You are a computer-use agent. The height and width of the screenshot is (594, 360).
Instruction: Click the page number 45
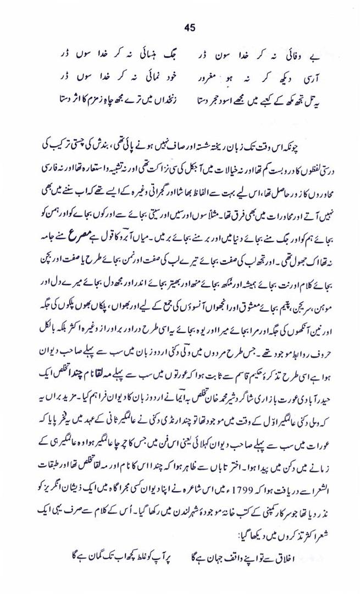[x=191, y=27]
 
